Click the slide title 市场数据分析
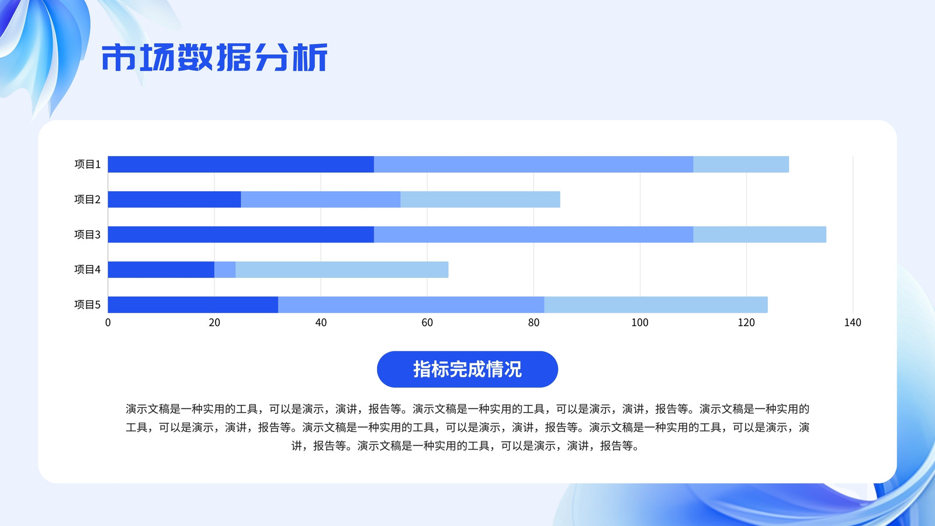point(214,57)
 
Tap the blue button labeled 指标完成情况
point(467,369)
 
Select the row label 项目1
point(87,164)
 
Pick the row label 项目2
point(87,199)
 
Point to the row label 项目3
point(87,234)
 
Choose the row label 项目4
point(87,269)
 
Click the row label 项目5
point(87,304)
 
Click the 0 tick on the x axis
point(108,323)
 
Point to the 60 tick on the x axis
point(427,323)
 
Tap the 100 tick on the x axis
point(640,323)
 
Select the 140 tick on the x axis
point(853,323)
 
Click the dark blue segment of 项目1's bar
point(241,164)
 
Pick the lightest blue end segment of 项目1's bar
point(741,164)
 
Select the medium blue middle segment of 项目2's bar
point(321,199)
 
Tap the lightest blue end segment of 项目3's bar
point(760,234)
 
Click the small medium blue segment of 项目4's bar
point(225,269)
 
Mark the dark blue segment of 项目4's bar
point(161,269)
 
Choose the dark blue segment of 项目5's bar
point(193,304)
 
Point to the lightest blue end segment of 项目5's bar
point(656,304)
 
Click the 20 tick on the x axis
point(214,323)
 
